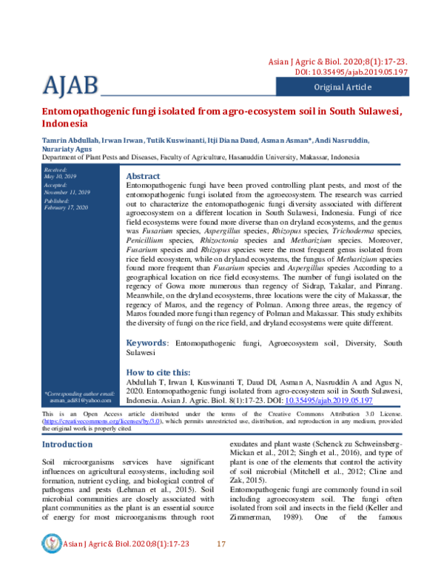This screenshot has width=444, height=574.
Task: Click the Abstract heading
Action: pyautogui.click(x=144, y=176)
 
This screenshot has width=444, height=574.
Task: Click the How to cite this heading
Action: pyautogui.click(x=158, y=372)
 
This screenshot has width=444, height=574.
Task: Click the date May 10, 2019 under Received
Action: pyautogui.click(x=60, y=177)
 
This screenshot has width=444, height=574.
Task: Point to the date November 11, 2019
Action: pyautogui.click(x=68, y=192)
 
